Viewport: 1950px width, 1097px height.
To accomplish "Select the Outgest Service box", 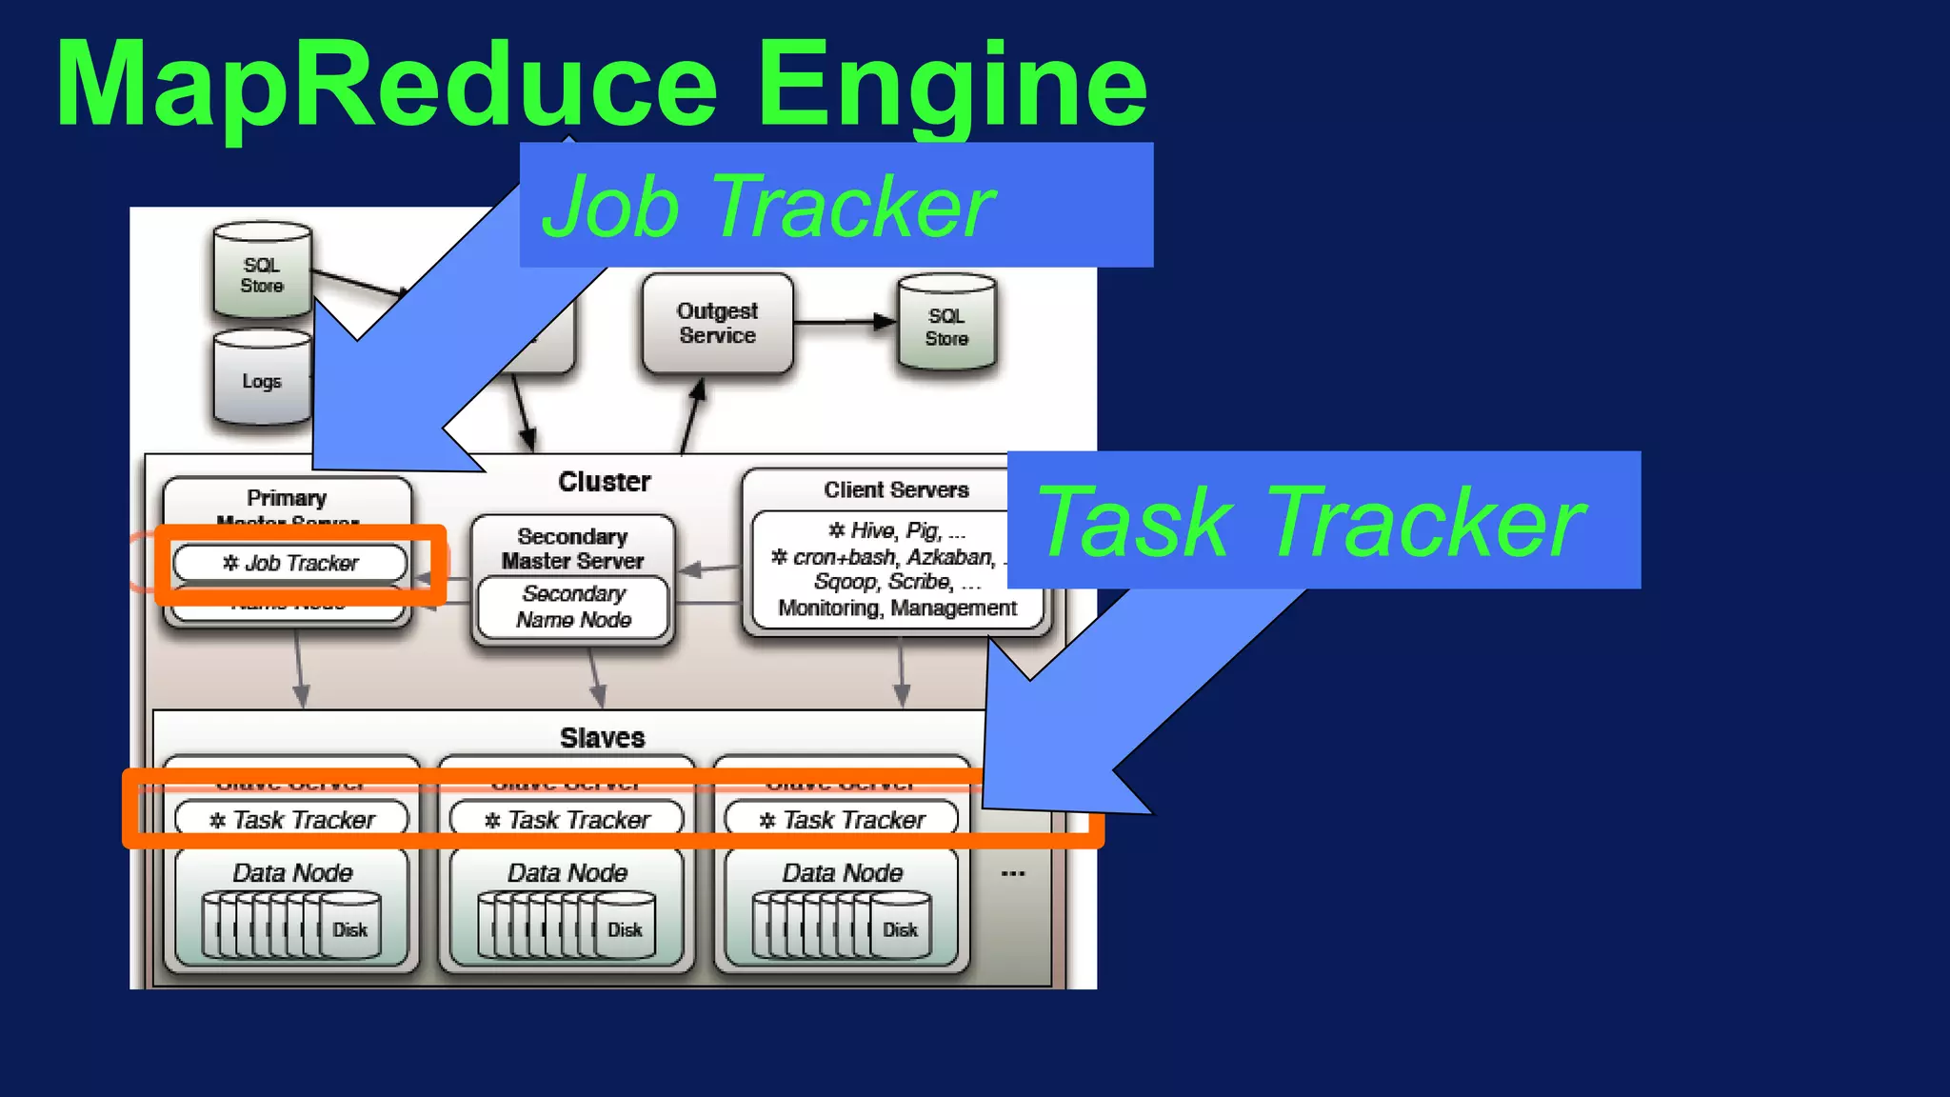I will [x=717, y=324].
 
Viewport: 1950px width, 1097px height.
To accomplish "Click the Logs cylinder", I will [x=262, y=380].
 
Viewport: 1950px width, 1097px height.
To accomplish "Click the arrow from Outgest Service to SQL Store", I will [x=844, y=322].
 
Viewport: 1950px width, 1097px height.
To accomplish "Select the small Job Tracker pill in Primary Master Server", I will [x=290, y=563].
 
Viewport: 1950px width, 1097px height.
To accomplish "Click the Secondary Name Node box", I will [x=573, y=607].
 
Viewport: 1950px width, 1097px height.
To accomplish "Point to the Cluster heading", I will [x=604, y=482].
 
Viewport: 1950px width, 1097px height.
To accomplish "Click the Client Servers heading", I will [x=895, y=489].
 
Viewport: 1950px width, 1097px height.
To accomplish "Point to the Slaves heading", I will [x=602, y=738].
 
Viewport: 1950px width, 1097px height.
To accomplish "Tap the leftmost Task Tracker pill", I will [x=291, y=820].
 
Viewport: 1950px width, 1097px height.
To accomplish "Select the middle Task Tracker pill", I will [x=567, y=820].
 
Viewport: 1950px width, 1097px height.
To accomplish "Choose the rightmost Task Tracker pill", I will [x=842, y=820].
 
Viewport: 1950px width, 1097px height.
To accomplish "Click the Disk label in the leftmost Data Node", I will [x=349, y=929].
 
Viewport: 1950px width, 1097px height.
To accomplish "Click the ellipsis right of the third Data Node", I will [x=1013, y=873].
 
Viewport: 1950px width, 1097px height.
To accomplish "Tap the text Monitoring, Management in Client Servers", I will [x=897, y=608].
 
